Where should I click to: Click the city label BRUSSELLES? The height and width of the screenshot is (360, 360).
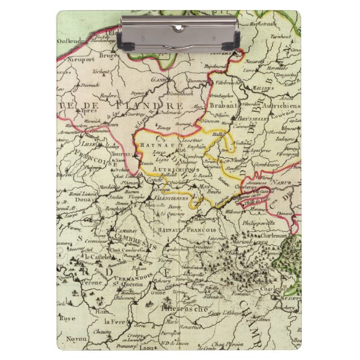(x=253, y=119)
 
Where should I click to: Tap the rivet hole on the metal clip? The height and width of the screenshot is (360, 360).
(x=179, y=27)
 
